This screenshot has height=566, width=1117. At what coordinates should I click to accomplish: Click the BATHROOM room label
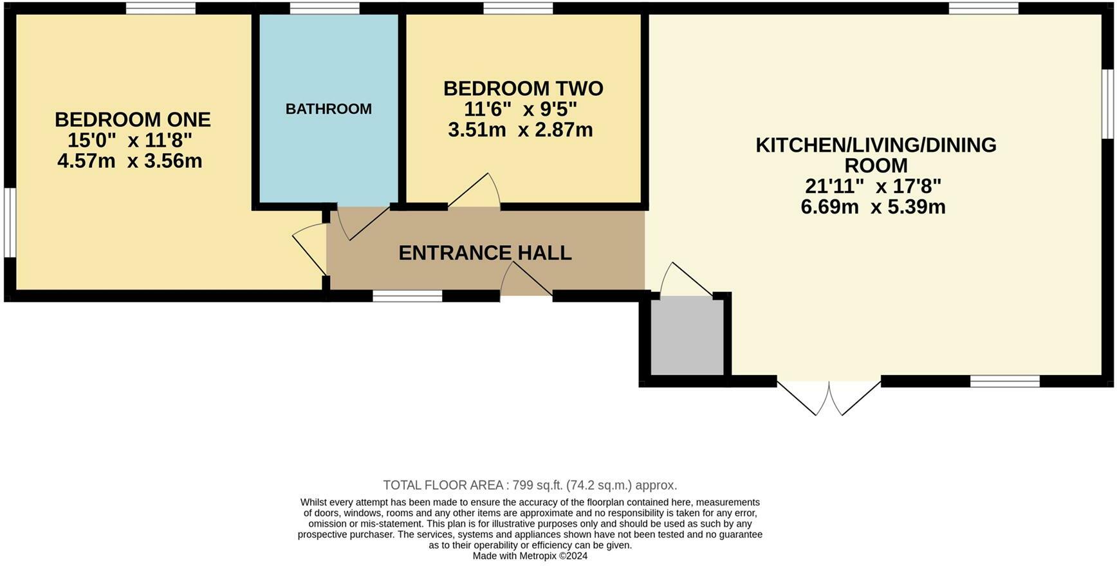[x=328, y=109]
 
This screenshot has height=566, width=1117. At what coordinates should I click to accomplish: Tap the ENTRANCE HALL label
[x=485, y=253]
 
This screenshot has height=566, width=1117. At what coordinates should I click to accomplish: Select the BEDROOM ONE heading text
[x=133, y=120]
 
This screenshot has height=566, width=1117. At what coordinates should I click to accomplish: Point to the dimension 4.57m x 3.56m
[x=130, y=161]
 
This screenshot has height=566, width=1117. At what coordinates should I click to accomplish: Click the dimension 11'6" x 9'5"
[x=521, y=109]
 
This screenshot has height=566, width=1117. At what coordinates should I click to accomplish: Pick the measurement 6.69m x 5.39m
[x=873, y=207]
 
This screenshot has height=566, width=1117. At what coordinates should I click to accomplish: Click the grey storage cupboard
[x=687, y=335]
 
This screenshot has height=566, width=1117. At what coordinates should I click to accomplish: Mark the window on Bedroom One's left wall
[x=8, y=223]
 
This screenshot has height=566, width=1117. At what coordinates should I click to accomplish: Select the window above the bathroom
[x=324, y=8]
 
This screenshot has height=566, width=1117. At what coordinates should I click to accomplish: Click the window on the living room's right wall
[x=1107, y=103]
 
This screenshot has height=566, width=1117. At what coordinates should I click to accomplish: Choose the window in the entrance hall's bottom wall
[x=407, y=296]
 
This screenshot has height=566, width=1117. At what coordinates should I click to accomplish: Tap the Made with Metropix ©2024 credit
[x=530, y=556]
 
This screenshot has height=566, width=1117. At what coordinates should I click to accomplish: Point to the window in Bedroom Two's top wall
[x=518, y=8]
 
